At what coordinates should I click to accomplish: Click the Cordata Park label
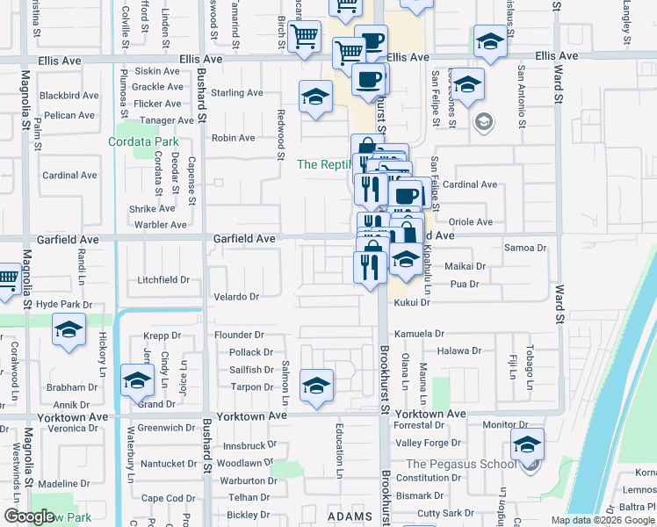click(x=143, y=142)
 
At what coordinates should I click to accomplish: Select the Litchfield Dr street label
click(x=163, y=280)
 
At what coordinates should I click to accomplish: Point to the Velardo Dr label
click(x=236, y=297)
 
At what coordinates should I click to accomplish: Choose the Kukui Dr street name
click(x=412, y=302)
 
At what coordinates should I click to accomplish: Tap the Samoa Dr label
click(x=525, y=248)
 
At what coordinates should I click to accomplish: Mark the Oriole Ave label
click(x=471, y=222)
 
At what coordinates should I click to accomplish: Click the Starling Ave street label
click(x=237, y=93)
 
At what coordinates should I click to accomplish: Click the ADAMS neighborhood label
click(x=350, y=517)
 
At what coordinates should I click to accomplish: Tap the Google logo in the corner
click(x=29, y=516)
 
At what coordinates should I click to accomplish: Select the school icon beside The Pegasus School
click(x=527, y=444)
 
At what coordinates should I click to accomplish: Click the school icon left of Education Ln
click(x=316, y=385)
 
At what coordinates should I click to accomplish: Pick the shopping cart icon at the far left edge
click(x=7, y=279)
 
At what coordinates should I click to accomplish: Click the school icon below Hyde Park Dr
click(x=69, y=330)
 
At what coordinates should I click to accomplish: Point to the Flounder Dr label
click(x=240, y=335)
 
